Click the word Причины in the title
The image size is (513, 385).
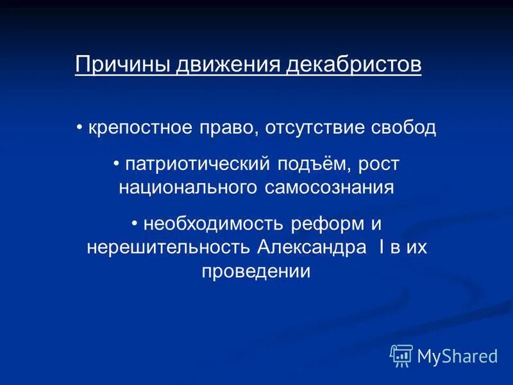coord(113,65)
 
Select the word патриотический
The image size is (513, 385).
coord(199,164)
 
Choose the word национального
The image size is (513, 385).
coord(189,187)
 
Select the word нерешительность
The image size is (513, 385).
coord(169,248)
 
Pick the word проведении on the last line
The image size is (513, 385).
coord(256,271)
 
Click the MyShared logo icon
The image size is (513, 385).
coord(401,355)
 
